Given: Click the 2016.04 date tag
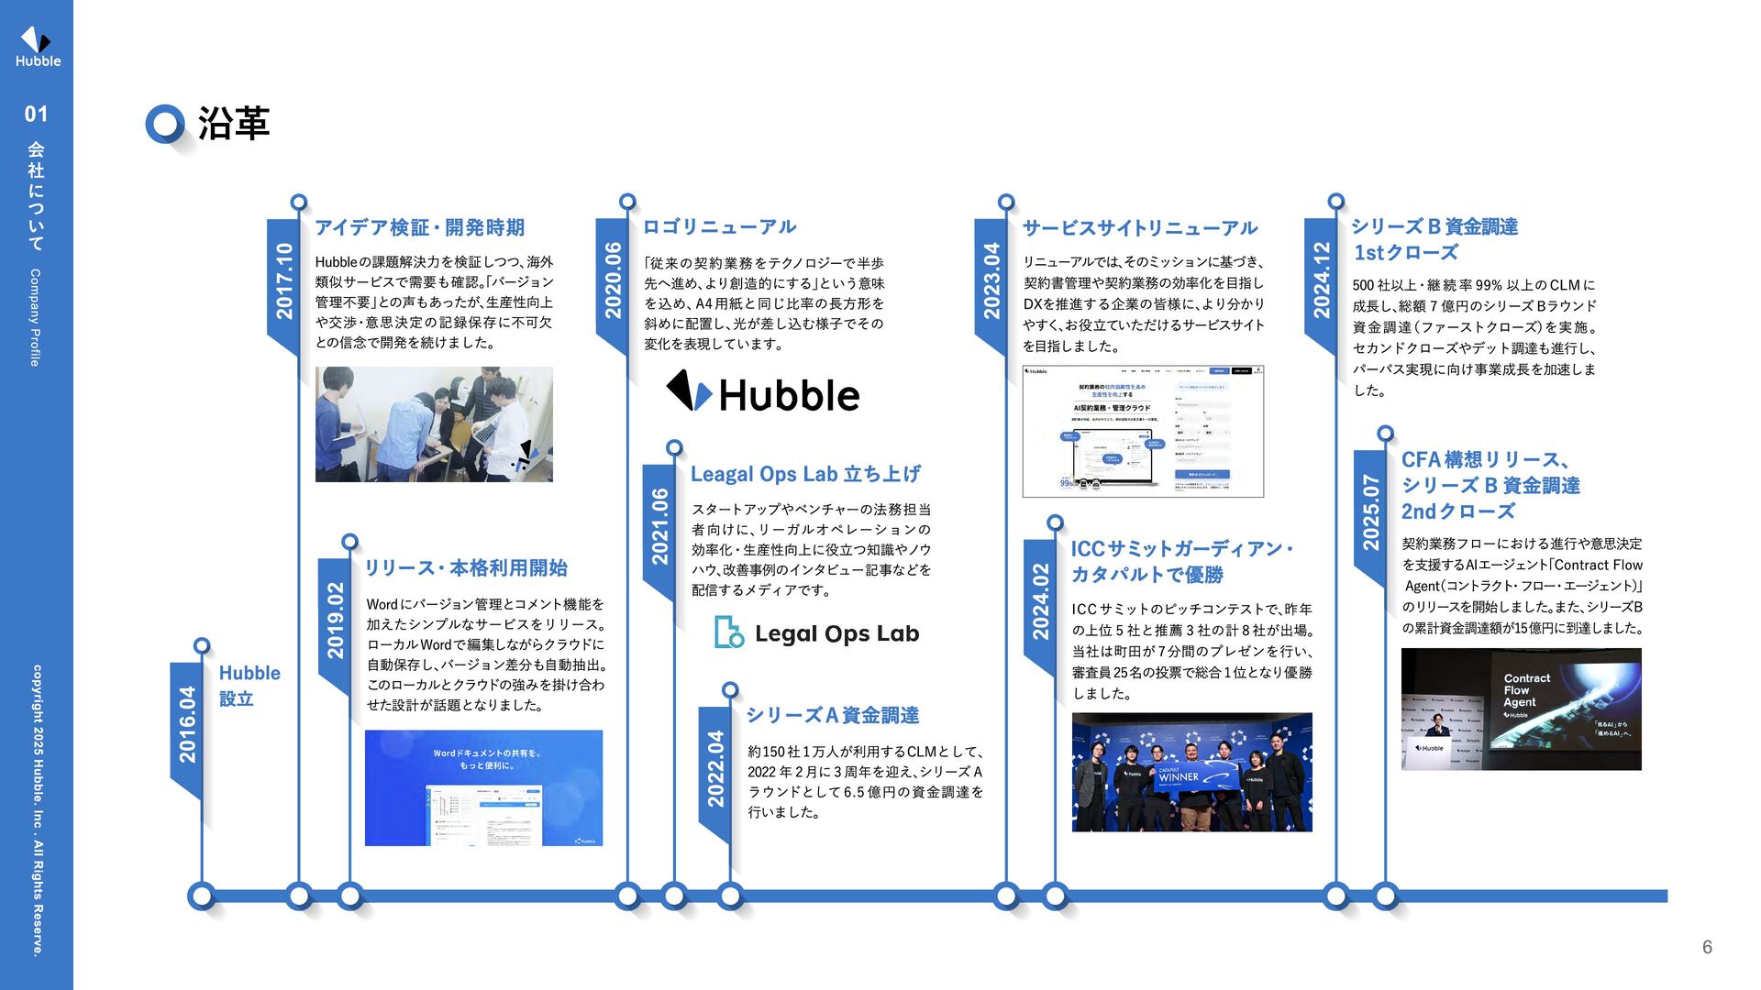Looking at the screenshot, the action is tap(187, 724).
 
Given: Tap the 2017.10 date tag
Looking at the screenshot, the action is tap(284, 281).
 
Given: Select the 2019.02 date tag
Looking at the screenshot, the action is tap(336, 621).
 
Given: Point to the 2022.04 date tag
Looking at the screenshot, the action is tap(715, 769).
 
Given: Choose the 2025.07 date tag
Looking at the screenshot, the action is tap(1370, 512).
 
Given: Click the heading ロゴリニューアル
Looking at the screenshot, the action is tap(719, 226).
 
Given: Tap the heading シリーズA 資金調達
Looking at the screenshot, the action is tap(832, 715).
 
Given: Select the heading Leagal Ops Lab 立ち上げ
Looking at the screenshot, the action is tap(805, 474).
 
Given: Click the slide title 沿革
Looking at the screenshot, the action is tap(233, 124).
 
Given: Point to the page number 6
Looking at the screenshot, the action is tap(1707, 947).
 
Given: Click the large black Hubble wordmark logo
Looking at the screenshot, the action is tap(763, 393).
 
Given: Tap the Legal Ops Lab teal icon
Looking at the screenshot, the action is tap(728, 632).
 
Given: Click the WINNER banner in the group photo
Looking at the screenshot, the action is tap(1191, 775).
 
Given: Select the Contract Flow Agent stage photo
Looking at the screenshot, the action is tap(1521, 709).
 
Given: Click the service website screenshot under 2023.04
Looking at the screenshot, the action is tap(1143, 431).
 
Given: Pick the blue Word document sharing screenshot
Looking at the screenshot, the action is tap(483, 787).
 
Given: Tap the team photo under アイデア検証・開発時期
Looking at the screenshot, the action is tap(434, 424).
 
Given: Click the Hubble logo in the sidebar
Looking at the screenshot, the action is tap(37, 46).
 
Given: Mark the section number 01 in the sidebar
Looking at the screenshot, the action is tap(36, 115).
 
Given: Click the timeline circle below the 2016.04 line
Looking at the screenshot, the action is tap(202, 896).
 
